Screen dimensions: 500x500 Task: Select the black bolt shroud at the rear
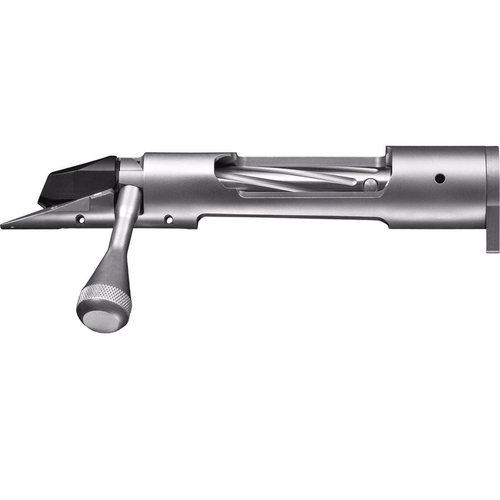[79, 179]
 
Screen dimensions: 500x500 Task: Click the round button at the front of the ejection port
[369, 184]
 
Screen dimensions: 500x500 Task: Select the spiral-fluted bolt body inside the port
[292, 177]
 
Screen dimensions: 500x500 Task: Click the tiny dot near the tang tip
[12, 226]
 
